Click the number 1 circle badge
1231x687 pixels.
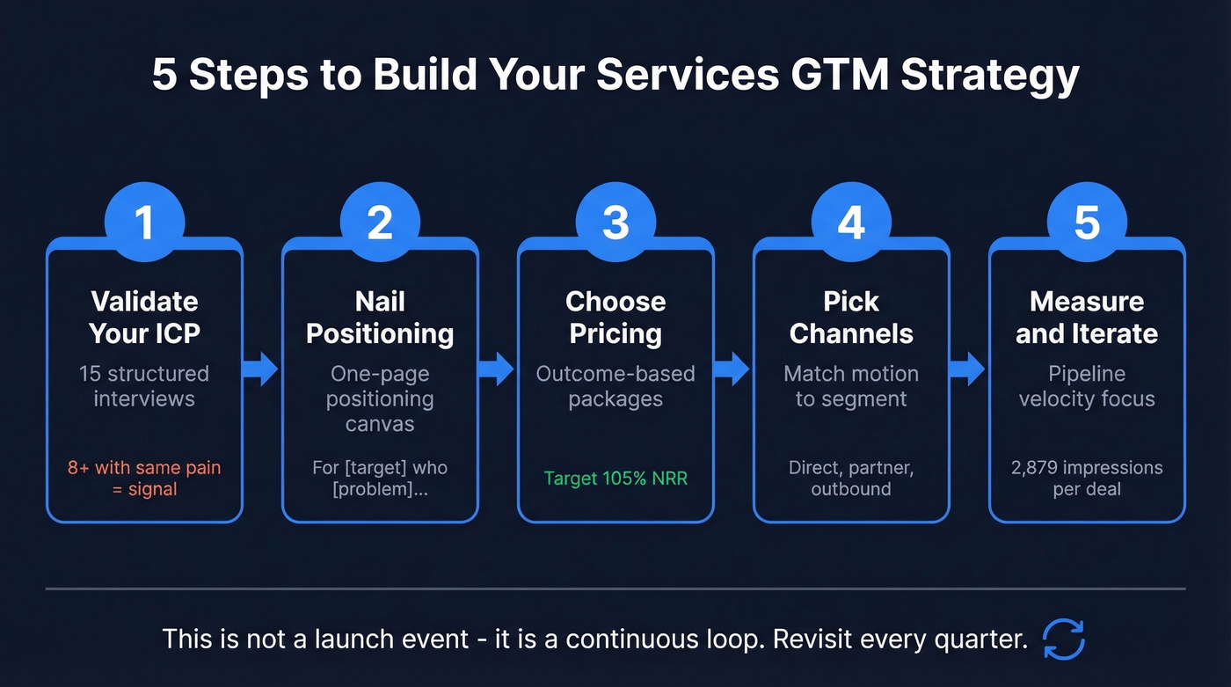[x=144, y=223]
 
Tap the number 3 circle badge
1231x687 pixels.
[x=615, y=223]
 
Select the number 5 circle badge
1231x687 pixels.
[x=1087, y=223]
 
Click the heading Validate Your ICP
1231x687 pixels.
[x=144, y=318]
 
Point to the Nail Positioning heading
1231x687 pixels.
[x=380, y=318]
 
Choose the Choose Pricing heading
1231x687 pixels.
[x=615, y=318]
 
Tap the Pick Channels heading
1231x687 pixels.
[x=851, y=318]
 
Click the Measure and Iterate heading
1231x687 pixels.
[x=1087, y=318]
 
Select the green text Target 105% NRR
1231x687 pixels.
[x=615, y=479]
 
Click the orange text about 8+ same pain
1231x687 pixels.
[x=144, y=479]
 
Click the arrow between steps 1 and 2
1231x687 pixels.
[x=261, y=369]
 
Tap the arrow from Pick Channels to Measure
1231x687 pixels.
[x=968, y=369]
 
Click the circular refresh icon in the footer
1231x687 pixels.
[x=1064, y=639]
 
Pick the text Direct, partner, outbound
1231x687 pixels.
[x=851, y=479]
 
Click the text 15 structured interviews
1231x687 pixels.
[x=144, y=386]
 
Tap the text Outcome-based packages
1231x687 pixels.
[x=615, y=386]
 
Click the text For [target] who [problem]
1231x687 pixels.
[x=380, y=479]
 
